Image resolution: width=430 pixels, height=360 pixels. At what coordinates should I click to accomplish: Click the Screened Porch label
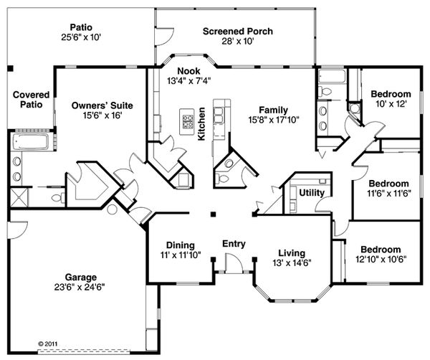pyautogui.click(x=238, y=32)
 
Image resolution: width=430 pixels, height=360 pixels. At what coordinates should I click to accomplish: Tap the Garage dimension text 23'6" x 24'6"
pyautogui.click(x=80, y=288)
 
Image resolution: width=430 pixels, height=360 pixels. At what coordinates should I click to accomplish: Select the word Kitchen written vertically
pyautogui.click(x=201, y=124)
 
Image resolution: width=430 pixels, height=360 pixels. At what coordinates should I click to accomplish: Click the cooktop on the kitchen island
pyautogui.click(x=188, y=121)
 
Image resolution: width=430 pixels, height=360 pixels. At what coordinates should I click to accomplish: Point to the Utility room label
pyautogui.click(x=312, y=193)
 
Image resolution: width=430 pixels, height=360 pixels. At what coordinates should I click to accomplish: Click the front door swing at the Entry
pyautogui.click(x=234, y=263)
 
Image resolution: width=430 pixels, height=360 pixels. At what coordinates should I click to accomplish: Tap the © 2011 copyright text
pyautogui.click(x=47, y=344)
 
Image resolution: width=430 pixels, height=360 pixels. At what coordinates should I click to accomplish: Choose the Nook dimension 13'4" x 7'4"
pyautogui.click(x=189, y=81)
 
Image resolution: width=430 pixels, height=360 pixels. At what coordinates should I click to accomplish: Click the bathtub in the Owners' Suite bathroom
pyautogui.click(x=30, y=141)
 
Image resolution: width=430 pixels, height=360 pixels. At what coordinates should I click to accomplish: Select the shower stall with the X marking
pyautogui.click(x=19, y=196)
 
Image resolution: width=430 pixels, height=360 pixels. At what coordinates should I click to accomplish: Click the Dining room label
pyautogui.click(x=181, y=245)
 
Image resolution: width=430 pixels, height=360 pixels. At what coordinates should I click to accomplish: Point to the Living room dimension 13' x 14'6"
pyautogui.click(x=292, y=263)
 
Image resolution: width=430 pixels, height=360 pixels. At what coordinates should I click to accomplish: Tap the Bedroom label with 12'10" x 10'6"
pyautogui.click(x=381, y=250)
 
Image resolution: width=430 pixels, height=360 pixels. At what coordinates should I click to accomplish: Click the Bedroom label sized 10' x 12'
pyautogui.click(x=391, y=94)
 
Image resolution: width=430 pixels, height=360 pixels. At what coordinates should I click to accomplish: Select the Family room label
pyautogui.click(x=274, y=110)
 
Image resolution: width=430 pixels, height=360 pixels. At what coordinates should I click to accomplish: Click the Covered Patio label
pyautogui.click(x=32, y=100)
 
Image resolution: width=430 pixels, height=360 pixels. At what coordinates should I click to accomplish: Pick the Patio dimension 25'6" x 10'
pyautogui.click(x=81, y=37)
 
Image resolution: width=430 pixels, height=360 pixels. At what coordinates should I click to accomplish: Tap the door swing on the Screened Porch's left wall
pyautogui.click(x=163, y=36)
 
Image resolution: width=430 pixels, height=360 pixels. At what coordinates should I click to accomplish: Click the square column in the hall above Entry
pyautogui.click(x=213, y=214)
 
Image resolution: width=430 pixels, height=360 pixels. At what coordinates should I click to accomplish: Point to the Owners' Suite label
pyautogui.click(x=102, y=105)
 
